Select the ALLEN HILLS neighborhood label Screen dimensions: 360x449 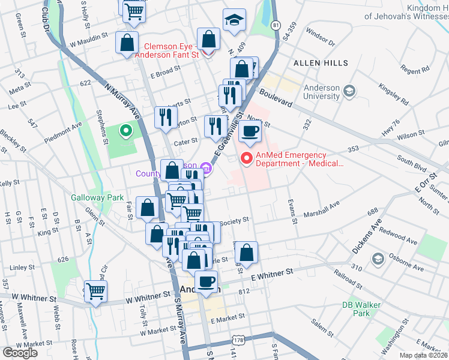pos(321,63)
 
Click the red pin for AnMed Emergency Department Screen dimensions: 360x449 pos(246,158)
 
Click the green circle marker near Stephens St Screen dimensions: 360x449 pos(126,130)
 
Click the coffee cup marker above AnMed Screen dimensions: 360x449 pos(250,131)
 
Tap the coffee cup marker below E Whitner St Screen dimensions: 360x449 pos(206,281)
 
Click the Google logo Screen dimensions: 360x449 pos(20,353)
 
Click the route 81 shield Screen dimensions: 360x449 pos(275,25)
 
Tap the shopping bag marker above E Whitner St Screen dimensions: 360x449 pos(246,252)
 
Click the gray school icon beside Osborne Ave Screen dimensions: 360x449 pos(378,259)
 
